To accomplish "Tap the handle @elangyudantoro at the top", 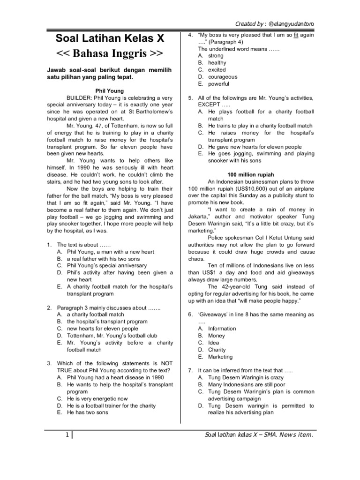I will coord(294,24).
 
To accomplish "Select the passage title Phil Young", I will coord(108,90).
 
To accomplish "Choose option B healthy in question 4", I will coord(217,63).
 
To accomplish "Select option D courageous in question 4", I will coord(223,77).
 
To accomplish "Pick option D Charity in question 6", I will coord(217,350).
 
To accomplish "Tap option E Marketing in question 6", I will coord(220,357).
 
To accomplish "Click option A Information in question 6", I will coord(223,329).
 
